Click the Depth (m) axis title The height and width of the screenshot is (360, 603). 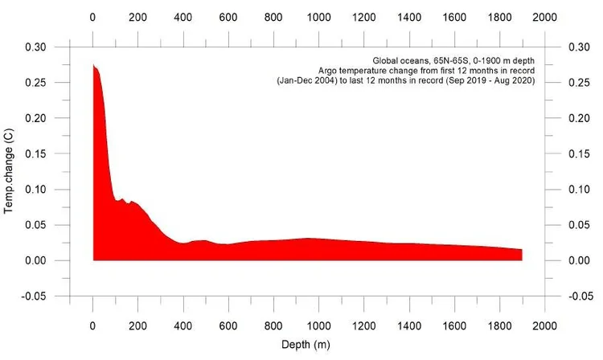pyautogui.click(x=306, y=345)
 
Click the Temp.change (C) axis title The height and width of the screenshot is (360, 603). pyautogui.click(x=9, y=171)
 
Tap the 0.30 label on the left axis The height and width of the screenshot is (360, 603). pyautogui.click(x=35, y=47)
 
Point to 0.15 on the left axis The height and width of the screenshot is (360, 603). pyautogui.click(x=35, y=154)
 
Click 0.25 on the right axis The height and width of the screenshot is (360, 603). pyautogui.click(x=579, y=83)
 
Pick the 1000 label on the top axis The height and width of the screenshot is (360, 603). pyautogui.click(x=319, y=18)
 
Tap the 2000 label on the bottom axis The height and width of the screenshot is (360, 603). pyautogui.click(x=544, y=326)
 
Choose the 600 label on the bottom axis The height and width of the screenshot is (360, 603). pyautogui.click(x=228, y=326)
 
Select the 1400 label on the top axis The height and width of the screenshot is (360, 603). pyautogui.click(x=409, y=18)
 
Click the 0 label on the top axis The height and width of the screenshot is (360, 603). pyautogui.click(x=92, y=18)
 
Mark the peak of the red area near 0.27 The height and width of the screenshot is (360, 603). pyautogui.click(x=93, y=65)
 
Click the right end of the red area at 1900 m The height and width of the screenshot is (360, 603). pyautogui.click(x=522, y=250)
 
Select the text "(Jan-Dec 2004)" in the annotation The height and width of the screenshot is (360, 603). pyautogui.click(x=307, y=81)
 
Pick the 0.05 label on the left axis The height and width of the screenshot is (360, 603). pyautogui.click(x=35, y=225)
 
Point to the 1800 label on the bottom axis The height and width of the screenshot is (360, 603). pyautogui.click(x=499, y=326)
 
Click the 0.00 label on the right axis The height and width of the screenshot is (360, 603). pyautogui.click(x=579, y=261)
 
